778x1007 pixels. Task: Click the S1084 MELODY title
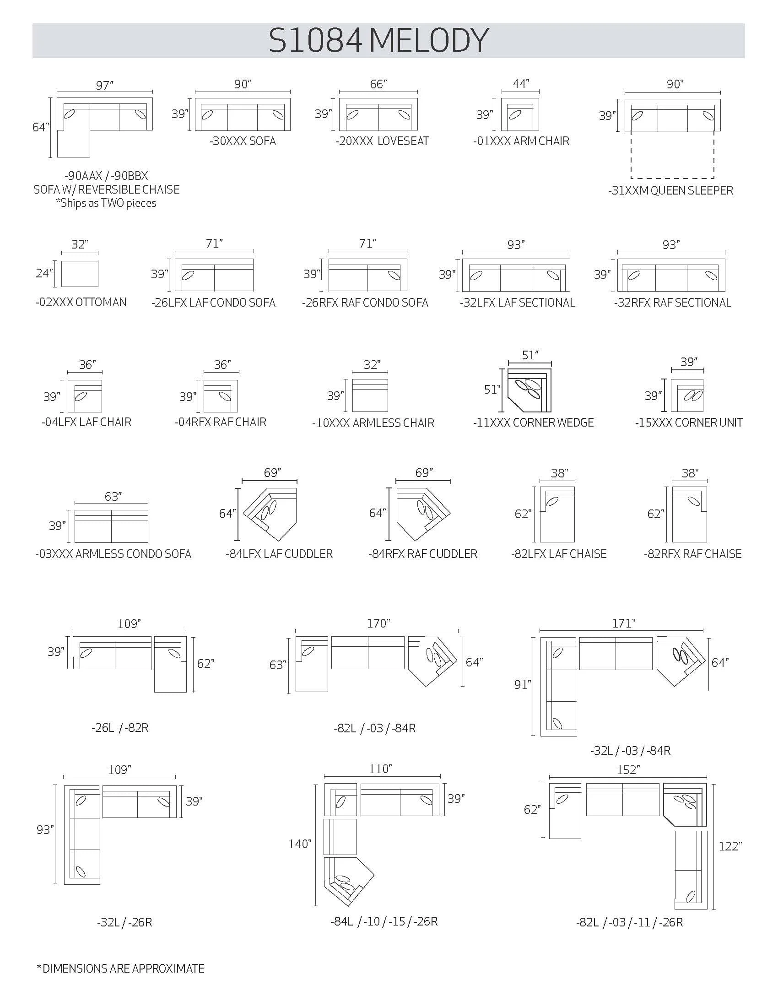point(378,41)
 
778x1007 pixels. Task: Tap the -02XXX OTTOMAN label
point(81,302)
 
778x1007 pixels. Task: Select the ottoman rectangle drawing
point(80,274)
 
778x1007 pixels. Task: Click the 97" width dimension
point(105,85)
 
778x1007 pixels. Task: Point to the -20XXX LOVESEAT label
point(382,141)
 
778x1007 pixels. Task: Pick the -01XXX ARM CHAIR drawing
point(520,114)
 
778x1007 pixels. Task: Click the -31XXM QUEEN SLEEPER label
point(670,190)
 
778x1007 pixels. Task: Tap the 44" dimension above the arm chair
point(521,83)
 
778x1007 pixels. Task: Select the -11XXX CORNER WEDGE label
point(533,422)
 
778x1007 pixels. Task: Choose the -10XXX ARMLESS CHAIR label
point(373,423)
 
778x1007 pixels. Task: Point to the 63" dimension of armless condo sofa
point(113,496)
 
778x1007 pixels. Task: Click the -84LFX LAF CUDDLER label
point(279,554)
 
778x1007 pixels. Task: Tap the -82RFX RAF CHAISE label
point(693,554)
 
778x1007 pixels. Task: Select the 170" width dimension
point(379,623)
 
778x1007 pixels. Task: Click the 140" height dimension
point(300,844)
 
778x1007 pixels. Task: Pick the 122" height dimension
point(730,846)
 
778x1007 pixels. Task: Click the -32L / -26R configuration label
point(124,922)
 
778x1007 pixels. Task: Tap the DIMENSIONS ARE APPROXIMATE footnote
point(120,968)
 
